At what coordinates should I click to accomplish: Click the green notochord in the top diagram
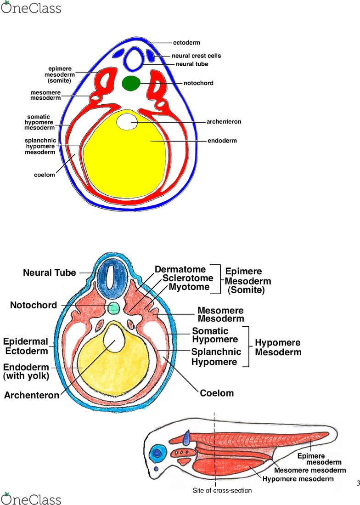(131, 83)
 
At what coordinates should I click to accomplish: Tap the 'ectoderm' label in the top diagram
(186, 43)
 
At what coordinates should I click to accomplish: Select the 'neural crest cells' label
(196, 56)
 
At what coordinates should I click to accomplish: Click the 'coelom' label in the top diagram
(45, 175)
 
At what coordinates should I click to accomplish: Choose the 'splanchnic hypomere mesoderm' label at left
(40, 146)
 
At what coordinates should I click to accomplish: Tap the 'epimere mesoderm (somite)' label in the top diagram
(60, 75)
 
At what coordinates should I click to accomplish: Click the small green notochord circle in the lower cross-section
(113, 308)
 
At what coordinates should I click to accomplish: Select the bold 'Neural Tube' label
(50, 273)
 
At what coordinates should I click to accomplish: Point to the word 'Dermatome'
(180, 269)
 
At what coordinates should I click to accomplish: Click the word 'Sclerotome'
(188, 278)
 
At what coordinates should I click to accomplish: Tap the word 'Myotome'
(189, 287)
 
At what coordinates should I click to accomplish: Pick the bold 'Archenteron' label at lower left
(32, 395)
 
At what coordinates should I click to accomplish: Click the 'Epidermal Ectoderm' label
(26, 346)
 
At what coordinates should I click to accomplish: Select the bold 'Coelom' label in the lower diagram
(217, 393)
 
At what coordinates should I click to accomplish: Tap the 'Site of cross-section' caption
(222, 490)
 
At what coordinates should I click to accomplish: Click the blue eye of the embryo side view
(157, 453)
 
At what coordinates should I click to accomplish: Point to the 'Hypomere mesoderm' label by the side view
(298, 479)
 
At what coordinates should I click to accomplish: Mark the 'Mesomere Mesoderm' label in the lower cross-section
(221, 314)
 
